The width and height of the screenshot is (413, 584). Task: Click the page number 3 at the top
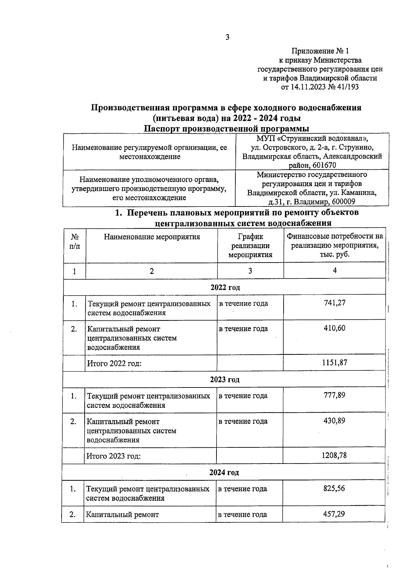227,38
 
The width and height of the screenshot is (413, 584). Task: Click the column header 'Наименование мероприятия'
152,237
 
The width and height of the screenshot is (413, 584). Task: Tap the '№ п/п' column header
74,241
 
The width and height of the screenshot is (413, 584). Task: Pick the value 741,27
334,303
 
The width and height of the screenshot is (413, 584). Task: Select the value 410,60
334,328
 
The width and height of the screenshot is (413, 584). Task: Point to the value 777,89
334,395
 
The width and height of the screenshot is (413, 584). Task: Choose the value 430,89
334,421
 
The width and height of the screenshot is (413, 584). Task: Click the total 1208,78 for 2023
334,455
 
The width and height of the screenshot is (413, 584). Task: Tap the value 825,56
334,488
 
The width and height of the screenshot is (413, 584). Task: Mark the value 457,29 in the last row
334,514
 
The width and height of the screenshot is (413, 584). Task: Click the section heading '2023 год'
224,380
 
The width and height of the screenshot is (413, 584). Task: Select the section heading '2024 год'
224,472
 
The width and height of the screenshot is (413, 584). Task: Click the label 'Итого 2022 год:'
114,363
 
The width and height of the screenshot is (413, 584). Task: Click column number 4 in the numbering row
335,270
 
